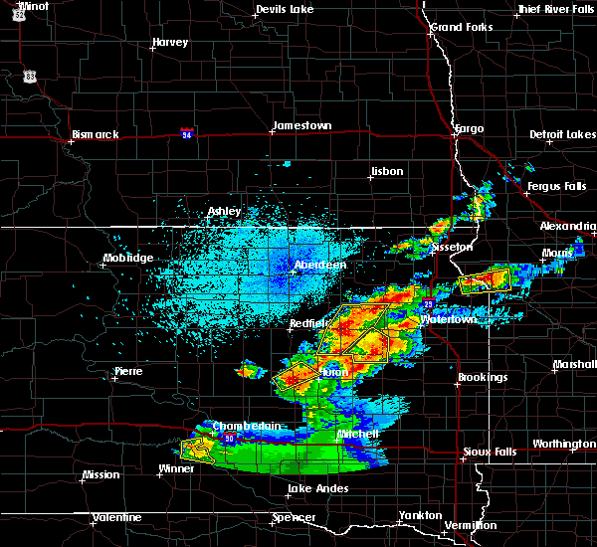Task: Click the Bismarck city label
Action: point(96,134)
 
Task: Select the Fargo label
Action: point(469,128)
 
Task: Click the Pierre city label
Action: point(128,371)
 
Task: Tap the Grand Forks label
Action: point(462,27)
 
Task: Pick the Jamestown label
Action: point(302,125)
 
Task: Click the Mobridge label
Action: point(128,259)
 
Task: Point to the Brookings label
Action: point(483,377)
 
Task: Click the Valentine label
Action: point(115,517)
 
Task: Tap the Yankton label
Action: point(419,515)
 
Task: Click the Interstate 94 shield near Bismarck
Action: point(187,131)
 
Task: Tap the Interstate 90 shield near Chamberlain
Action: point(229,439)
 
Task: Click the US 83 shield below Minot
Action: point(32,76)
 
